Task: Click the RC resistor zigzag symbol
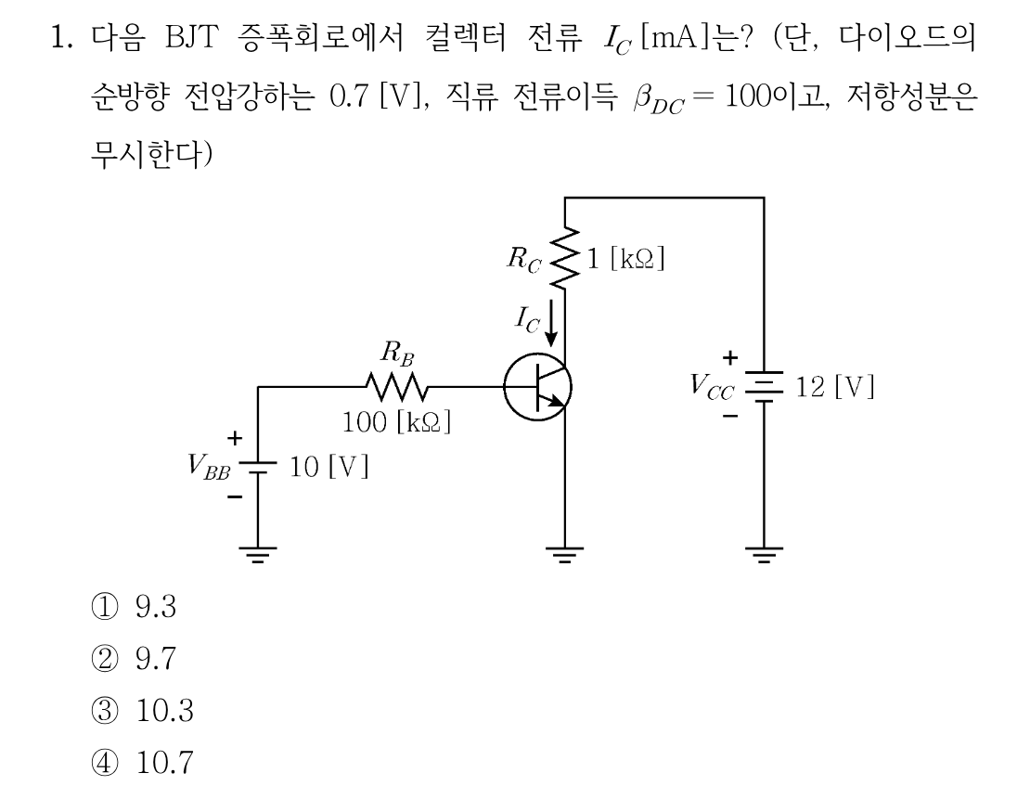[564, 258]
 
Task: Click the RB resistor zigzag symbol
[396, 387]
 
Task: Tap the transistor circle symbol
[538, 387]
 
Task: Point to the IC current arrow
[551, 322]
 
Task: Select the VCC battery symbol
[764, 386]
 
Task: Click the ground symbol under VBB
[258, 555]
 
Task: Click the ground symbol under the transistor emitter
[564, 555]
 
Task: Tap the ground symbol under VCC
[764, 555]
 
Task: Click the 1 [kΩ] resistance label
[626, 258]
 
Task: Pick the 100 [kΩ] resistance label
[397, 422]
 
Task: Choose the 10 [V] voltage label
[329, 467]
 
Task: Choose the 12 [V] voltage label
[835, 386]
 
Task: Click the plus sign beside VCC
[729, 357]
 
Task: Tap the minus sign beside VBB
[235, 496]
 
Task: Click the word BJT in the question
[191, 37]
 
